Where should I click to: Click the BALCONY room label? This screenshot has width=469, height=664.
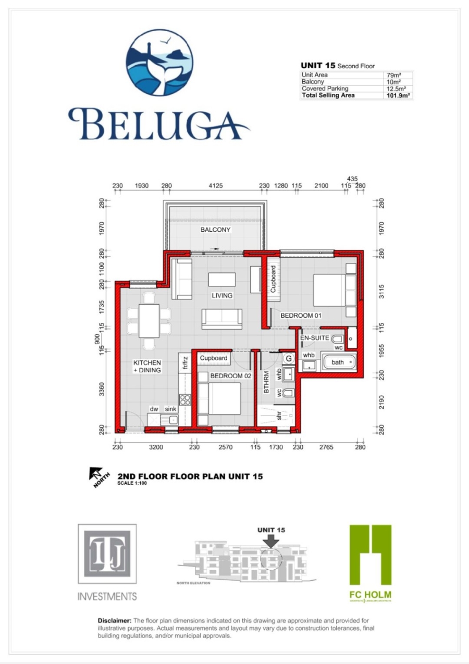click(215, 230)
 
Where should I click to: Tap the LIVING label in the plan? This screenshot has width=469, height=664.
click(221, 296)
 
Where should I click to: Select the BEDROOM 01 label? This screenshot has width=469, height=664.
click(302, 316)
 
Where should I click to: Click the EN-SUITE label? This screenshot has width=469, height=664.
click(314, 338)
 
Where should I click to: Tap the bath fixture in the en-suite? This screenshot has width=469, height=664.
click(339, 362)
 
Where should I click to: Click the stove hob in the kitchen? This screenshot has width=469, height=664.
click(184, 399)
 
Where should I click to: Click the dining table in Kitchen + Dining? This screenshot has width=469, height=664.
click(149, 320)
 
